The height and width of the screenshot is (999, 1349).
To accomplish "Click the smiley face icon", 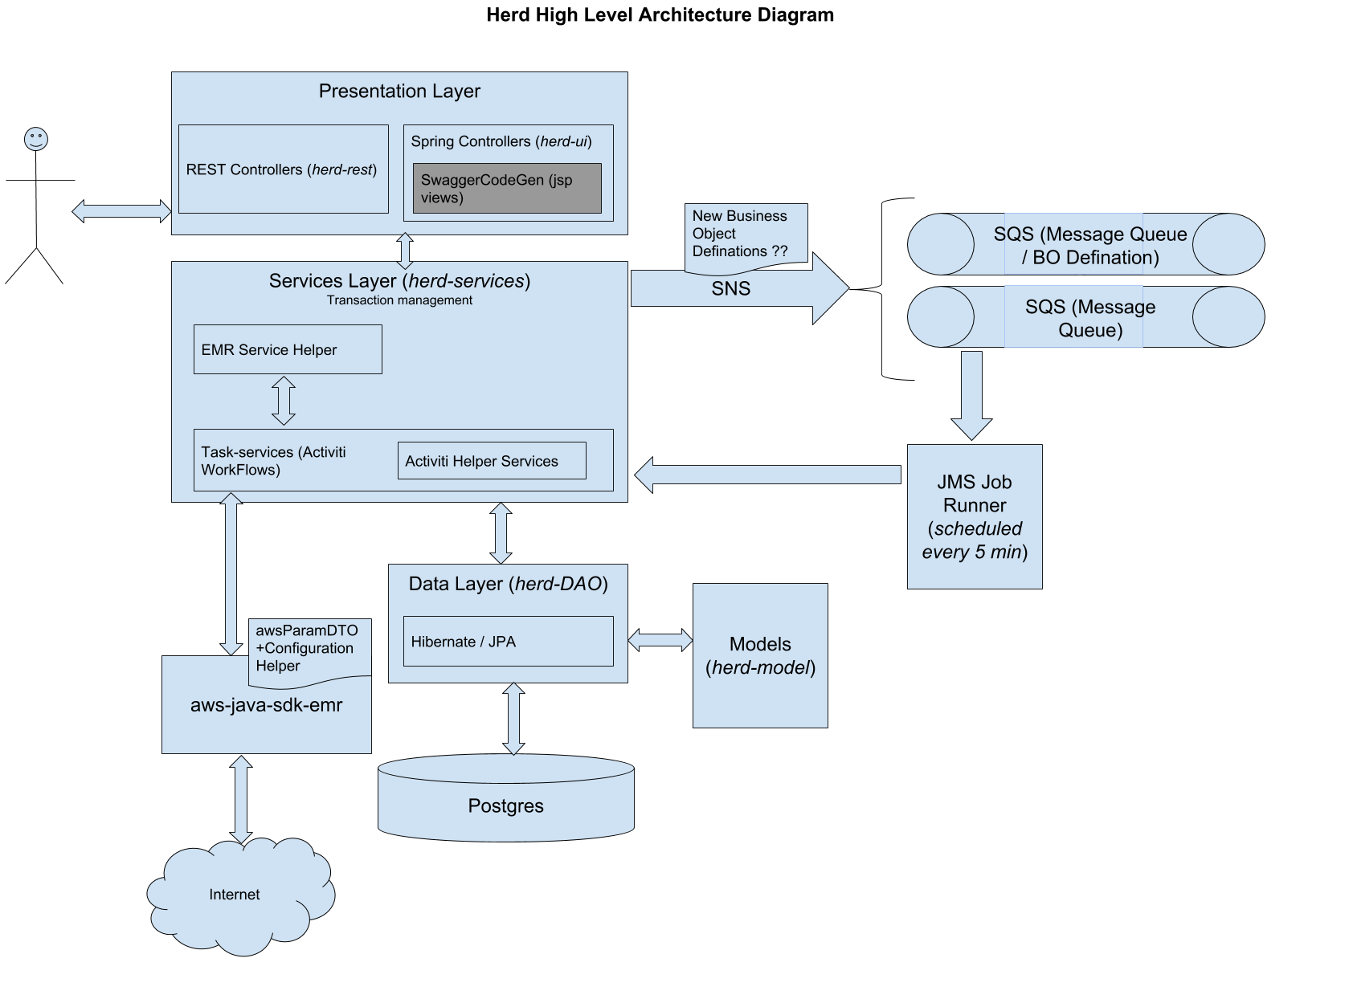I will coord(36,139).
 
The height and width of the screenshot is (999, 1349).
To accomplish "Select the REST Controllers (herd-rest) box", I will coord(283,169).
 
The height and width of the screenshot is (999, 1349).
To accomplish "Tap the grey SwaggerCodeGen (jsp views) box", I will coord(507,189).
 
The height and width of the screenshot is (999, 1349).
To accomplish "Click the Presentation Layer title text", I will coord(399,92).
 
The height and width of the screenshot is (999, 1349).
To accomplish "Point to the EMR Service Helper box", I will coord(288,349).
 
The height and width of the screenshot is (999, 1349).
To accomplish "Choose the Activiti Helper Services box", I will coord(492,461).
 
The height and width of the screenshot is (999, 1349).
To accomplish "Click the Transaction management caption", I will coord(399,300).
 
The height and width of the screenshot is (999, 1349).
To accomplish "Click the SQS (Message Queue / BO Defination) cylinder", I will coord(1085,245).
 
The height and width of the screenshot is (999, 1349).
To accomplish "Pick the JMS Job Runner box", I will coord(975,516).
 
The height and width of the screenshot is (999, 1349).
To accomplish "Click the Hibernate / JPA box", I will coord(508,642).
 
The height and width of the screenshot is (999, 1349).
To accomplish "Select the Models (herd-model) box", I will coord(760,655).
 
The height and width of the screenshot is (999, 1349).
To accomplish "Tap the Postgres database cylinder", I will coord(506,803).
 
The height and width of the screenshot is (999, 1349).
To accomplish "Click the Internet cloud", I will coord(237,895).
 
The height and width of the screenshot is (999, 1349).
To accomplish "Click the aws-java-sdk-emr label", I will coord(266,705).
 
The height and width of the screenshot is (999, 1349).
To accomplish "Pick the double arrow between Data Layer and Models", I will coord(660,640).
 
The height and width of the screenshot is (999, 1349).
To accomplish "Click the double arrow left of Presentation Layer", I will coord(121,211).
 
